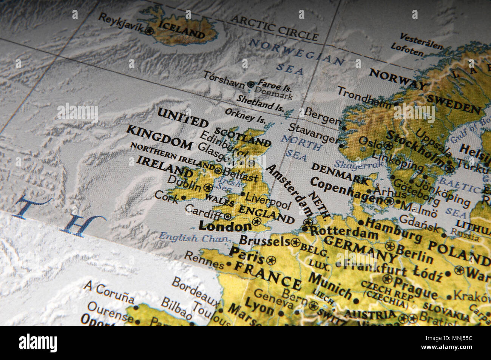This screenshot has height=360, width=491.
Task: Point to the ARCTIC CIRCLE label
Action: [275, 28]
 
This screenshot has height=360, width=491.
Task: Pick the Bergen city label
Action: [323, 116]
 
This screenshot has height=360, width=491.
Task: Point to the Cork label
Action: [166, 196]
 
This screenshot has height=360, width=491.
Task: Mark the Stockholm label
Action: [415, 149]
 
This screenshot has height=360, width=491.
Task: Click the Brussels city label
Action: [264, 241]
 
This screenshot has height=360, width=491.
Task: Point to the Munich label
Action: [330, 285]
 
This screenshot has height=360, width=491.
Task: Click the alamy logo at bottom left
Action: [38, 343]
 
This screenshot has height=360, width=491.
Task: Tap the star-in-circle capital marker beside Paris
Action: [271, 260]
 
